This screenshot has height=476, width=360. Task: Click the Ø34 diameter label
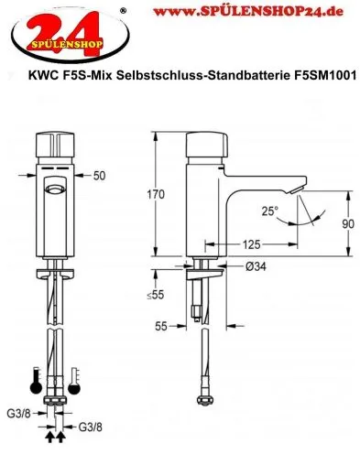coord(256,266)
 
